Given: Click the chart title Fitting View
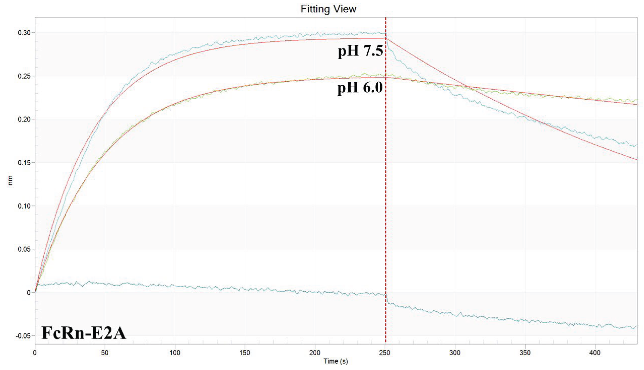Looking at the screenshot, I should tap(328, 9).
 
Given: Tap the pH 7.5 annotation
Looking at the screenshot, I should tap(360, 51).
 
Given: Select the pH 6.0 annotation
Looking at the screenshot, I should tap(360, 88).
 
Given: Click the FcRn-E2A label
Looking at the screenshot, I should tap(84, 333).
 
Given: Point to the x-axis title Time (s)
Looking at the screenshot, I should tap(336, 361).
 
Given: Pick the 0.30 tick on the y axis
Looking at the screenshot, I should tap(24, 33).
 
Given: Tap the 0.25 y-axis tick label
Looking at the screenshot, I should tap(24, 76).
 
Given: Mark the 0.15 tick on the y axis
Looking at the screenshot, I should tap(24, 163).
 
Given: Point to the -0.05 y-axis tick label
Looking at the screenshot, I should tap(23, 336).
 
